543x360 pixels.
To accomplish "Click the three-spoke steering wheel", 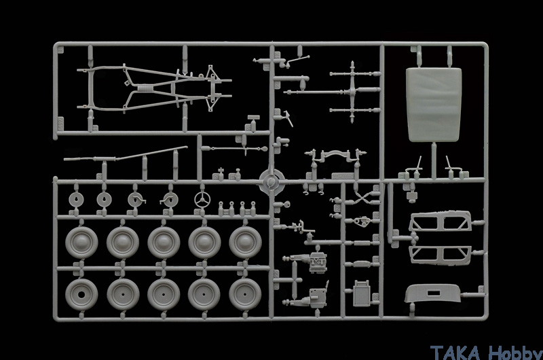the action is click(x=202, y=200).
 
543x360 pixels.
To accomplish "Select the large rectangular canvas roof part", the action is click(x=434, y=105).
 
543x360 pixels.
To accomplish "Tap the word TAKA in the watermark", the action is click(x=455, y=353).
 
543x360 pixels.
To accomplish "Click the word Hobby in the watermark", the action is click(x=515, y=353).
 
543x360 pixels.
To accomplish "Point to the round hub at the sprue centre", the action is click(x=272, y=181).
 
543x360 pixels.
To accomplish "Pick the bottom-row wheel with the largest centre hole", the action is click(x=81, y=295).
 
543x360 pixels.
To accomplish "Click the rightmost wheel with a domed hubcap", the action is click(x=245, y=242).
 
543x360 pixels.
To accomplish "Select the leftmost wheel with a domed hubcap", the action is click(x=81, y=242).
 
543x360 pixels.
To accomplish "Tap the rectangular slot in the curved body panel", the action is click(x=433, y=293).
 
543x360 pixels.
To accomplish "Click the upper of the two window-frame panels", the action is click(x=440, y=221).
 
